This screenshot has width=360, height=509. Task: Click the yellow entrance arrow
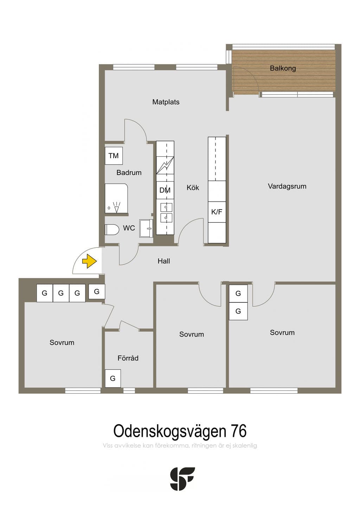coord(89,261)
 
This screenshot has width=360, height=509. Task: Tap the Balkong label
coord(283,68)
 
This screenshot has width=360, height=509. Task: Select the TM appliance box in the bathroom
coord(114,156)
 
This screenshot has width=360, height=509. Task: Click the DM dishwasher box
coord(165,190)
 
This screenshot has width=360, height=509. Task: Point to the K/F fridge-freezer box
coord(217,212)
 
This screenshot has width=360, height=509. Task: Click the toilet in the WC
coord(112,230)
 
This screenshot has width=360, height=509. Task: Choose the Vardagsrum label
coord(287,186)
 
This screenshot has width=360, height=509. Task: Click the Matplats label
coord(166,102)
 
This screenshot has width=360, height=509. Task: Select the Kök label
coord(193,188)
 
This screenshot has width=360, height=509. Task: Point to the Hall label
coord(163,261)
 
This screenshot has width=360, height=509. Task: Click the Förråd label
coord(128,358)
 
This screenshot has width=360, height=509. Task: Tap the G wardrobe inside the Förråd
coord(113,378)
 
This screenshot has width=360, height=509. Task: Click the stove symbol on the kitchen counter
coord(165,165)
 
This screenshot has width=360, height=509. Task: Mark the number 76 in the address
coord(239,431)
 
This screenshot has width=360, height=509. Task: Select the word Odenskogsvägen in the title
coord(170,432)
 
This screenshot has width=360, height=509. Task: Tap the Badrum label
coord(129,173)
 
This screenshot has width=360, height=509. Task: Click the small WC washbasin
coord(146,228)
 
